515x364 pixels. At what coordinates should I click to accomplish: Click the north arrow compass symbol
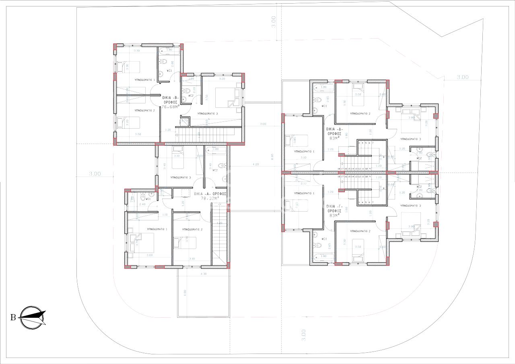33,317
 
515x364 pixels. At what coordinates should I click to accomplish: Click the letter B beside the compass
13,318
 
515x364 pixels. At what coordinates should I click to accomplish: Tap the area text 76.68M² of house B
169,107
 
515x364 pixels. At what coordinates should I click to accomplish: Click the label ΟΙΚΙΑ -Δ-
334,129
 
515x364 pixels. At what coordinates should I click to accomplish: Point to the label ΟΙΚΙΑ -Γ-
334,205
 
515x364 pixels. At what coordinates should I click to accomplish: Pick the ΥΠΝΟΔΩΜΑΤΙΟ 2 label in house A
192,229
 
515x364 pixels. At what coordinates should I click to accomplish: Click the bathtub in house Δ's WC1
321,87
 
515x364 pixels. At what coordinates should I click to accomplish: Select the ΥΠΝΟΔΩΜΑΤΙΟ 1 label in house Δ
304,152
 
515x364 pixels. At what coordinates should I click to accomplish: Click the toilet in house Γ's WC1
317,245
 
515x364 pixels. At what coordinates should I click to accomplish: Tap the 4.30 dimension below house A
204,274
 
